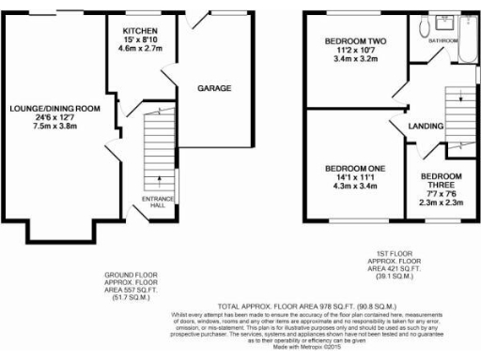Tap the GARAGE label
click(x=213, y=88)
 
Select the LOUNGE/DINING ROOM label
click(x=54, y=109)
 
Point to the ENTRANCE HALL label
click(x=154, y=202)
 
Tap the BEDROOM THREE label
click(x=441, y=182)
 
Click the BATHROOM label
click(x=443, y=42)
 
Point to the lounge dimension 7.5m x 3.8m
click(x=54, y=126)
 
